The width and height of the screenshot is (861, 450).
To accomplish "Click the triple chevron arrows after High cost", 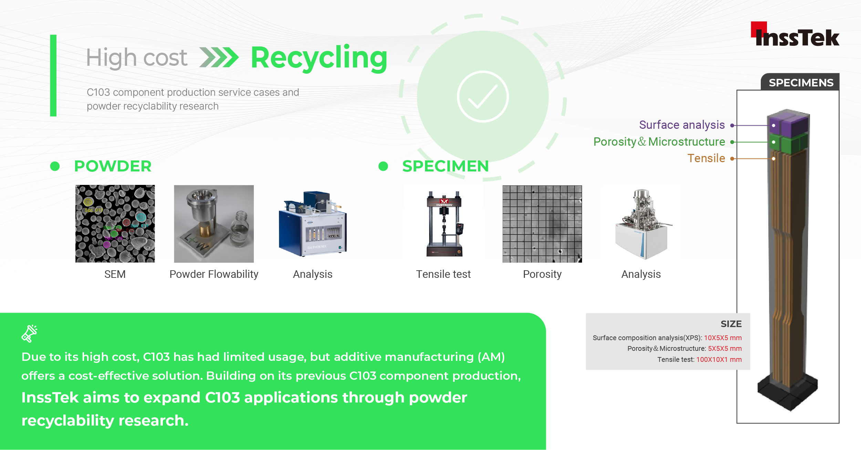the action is pyautogui.click(x=219, y=57).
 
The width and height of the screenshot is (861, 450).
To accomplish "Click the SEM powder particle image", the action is pyautogui.click(x=115, y=224).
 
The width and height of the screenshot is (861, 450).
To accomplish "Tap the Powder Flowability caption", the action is pyautogui.click(x=214, y=274).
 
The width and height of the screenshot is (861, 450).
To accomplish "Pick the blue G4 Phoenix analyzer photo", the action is pyautogui.click(x=313, y=224).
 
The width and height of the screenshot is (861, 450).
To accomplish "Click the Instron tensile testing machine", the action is pyautogui.click(x=444, y=224).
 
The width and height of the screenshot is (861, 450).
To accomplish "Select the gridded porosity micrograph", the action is pyautogui.click(x=542, y=224).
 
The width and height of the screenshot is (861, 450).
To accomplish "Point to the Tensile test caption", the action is pyautogui.click(x=443, y=274).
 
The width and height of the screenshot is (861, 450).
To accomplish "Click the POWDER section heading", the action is pyautogui.click(x=113, y=166).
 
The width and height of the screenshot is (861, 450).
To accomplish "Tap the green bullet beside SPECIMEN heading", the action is pyautogui.click(x=383, y=166).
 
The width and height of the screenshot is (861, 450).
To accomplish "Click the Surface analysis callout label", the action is pyautogui.click(x=682, y=125).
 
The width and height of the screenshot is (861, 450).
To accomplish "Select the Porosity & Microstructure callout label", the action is pyautogui.click(x=659, y=142).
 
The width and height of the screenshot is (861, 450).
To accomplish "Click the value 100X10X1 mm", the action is pyautogui.click(x=719, y=359).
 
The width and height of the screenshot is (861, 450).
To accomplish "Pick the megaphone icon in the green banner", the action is pyautogui.click(x=30, y=333).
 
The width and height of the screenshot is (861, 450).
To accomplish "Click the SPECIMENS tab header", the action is pyautogui.click(x=801, y=83).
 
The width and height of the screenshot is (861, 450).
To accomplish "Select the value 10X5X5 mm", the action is pyautogui.click(x=723, y=338).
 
